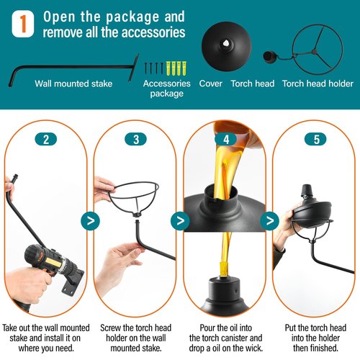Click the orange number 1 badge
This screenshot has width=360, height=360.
click(23, 24)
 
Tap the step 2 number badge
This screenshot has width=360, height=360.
click(46, 139)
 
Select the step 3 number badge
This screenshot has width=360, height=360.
click(135, 139)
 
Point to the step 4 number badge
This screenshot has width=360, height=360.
click(226, 139)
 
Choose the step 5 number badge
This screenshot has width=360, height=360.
click(315, 139)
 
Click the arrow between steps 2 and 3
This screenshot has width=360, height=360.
click(90, 221)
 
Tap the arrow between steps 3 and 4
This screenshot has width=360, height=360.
click(180, 221)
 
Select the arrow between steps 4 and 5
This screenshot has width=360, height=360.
click(270, 221)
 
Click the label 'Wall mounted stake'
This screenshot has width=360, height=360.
click(73, 84)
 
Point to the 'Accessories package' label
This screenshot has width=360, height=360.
click(167, 89)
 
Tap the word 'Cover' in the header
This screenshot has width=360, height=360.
click(210, 84)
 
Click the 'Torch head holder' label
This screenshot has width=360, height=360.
click(318, 84)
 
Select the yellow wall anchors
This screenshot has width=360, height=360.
click(176, 68)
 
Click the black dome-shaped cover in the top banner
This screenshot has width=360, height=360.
click(226, 47)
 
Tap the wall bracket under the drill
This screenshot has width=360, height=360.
click(71, 283)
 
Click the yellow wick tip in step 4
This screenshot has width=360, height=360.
click(225, 270)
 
